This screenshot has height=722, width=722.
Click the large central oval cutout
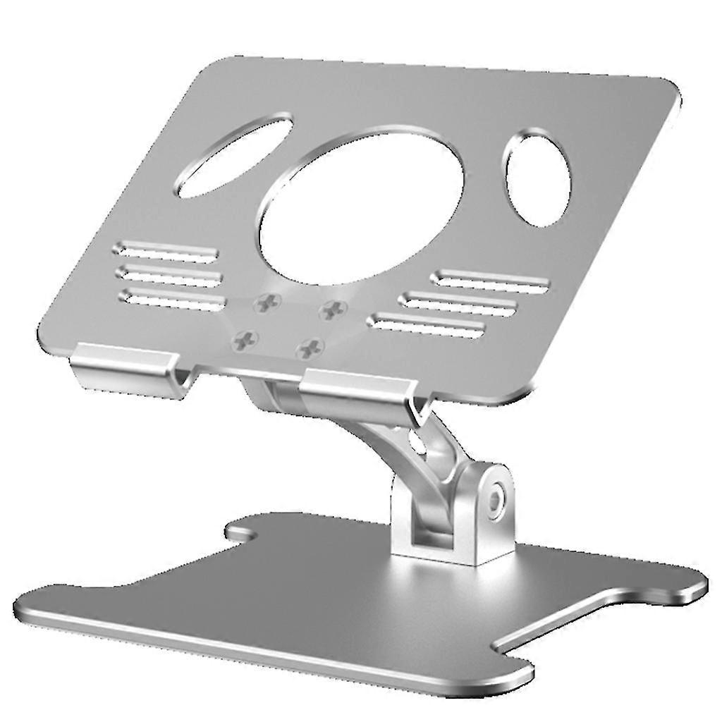(362, 207)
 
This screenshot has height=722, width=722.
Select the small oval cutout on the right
(537, 178)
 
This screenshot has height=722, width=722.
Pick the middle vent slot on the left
(170, 274)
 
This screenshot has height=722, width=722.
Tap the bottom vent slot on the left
(173, 298)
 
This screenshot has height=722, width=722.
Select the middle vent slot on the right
(459, 302)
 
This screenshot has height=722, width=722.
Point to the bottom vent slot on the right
(427, 324)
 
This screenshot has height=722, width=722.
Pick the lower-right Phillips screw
(309, 346)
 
